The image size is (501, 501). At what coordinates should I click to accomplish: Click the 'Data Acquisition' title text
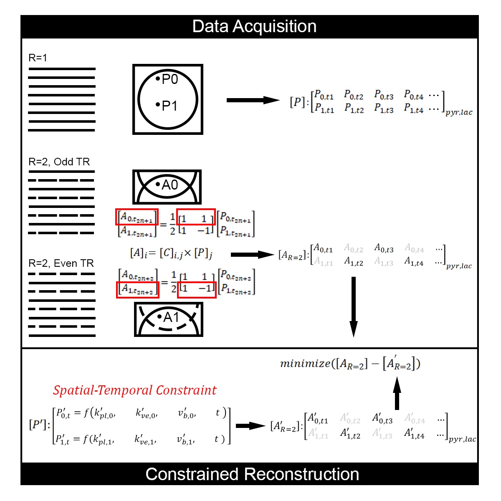click(x=254, y=26)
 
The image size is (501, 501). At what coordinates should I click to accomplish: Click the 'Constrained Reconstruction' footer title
click(x=252, y=474)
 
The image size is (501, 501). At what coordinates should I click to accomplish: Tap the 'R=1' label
click(x=38, y=58)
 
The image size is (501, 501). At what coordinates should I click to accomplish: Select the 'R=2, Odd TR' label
click(x=59, y=162)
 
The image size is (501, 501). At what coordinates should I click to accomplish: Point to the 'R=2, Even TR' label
click(x=61, y=263)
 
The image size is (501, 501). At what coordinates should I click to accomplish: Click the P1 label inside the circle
click(x=167, y=106)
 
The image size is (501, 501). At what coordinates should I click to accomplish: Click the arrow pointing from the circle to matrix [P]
click(x=253, y=100)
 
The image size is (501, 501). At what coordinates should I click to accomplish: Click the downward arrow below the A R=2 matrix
click(x=354, y=307)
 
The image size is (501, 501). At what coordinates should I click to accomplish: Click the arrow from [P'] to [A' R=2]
click(x=250, y=426)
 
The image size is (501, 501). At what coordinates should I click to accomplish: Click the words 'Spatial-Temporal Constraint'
click(x=134, y=390)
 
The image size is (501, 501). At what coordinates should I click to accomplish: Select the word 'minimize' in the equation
click(x=305, y=364)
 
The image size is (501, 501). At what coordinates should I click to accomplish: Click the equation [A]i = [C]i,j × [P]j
click(x=171, y=253)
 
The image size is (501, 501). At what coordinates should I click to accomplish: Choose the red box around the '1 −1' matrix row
click(x=197, y=289)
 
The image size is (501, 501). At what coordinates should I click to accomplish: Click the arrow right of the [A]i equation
click(x=252, y=255)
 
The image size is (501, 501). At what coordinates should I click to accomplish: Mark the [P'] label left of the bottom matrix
click(x=39, y=425)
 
